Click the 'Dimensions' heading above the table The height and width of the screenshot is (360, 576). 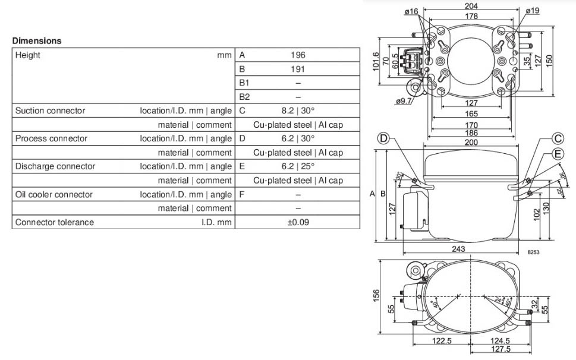pos(37,41)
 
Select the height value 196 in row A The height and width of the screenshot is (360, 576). pos(298,55)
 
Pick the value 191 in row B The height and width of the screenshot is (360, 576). pos(298,69)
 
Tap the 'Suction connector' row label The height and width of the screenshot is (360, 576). pos(50,110)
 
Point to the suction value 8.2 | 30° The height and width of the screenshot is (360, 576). pos(298,110)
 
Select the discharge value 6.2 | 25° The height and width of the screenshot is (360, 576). pos(298,166)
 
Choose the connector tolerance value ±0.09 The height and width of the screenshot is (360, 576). pos(298,222)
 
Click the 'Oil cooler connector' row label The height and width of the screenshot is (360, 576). pos(53,194)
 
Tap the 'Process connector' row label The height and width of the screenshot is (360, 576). pos(51,138)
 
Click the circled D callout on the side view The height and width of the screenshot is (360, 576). pos(383,139)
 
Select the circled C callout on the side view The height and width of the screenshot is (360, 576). pos(558,139)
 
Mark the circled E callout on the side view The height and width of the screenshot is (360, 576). pos(558,154)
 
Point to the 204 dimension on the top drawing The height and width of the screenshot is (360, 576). pos(471,6)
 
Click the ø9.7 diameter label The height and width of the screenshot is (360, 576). pos(403,102)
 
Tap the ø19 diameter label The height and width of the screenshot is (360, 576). pos(532,11)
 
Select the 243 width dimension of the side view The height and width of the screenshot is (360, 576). pos(458,249)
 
